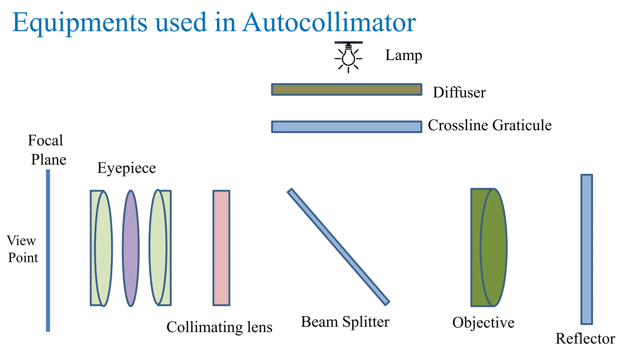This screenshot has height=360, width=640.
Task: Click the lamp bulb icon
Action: (x=348, y=57)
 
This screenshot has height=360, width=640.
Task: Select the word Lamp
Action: (x=403, y=55)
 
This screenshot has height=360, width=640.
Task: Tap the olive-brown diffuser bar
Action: (x=347, y=89)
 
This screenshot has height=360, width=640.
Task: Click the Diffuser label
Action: (x=459, y=92)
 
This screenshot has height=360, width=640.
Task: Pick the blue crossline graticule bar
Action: (x=347, y=127)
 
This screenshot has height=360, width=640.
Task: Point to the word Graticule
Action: (x=522, y=125)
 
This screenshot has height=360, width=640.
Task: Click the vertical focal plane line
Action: (x=48, y=250)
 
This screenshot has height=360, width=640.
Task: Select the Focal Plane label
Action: (x=47, y=150)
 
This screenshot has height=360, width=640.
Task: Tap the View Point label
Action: (x=22, y=249)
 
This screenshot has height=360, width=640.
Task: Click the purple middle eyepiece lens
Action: (x=131, y=248)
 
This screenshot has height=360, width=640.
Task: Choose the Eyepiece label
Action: (x=126, y=168)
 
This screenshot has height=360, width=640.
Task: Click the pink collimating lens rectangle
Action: (x=221, y=248)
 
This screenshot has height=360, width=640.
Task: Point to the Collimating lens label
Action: (x=219, y=327)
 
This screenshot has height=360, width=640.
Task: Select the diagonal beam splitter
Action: (x=338, y=247)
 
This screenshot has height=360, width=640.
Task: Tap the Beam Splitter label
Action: (x=345, y=322)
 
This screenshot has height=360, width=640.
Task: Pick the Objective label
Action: (x=483, y=323)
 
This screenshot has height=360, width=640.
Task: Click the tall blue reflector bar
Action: (x=587, y=249)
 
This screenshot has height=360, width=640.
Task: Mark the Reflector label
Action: (x=585, y=339)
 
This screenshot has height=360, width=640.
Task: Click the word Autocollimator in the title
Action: (x=329, y=22)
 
